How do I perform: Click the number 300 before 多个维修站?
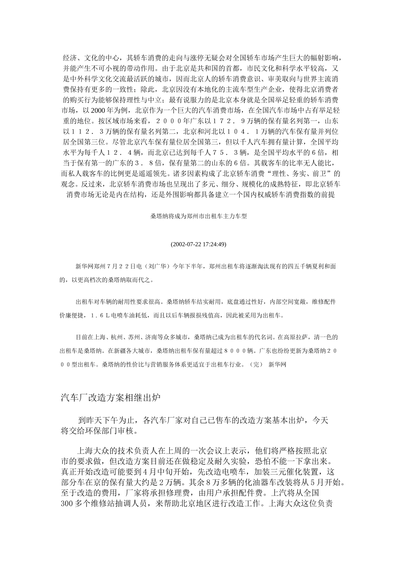(x=68, y=504)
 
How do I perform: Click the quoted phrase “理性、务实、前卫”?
(x=306, y=173)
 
